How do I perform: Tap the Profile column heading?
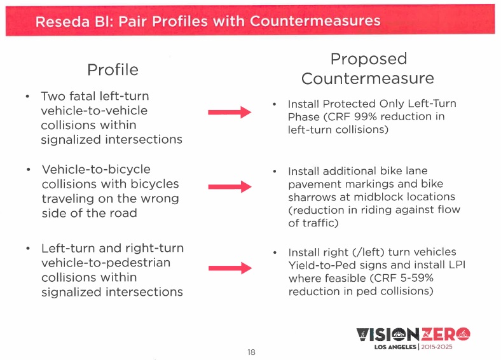113,69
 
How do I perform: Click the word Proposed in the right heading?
368,59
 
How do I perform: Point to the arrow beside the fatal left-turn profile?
230,112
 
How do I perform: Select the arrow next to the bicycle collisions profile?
230,186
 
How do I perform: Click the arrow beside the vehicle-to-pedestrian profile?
230,268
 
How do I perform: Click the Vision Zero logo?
413,335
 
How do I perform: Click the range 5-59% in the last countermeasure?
395,279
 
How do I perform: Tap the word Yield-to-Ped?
319,265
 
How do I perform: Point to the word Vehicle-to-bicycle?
96,170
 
